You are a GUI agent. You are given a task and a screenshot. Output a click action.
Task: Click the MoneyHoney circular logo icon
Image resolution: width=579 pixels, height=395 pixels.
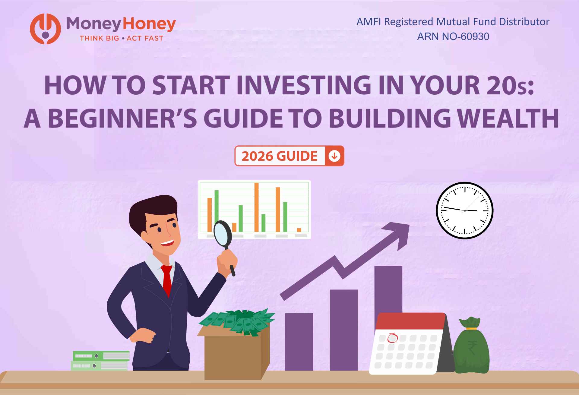(x=45, y=29)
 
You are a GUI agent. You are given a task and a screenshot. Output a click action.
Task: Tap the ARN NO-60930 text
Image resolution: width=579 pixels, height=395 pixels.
(x=453, y=36)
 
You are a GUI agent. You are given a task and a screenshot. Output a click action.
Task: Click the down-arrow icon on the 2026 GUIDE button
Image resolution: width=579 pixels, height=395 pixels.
(x=334, y=156)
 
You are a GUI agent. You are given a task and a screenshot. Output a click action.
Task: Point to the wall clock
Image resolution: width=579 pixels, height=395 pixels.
(x=464, y=210)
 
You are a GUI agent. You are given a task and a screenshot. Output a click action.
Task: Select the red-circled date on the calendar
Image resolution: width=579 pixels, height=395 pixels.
(x=392, y=338)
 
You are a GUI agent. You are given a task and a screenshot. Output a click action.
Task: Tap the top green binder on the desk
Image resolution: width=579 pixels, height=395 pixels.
(x=101, y=356)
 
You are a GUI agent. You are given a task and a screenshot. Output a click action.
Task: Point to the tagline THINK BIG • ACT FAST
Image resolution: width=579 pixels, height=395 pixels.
(x=121, y=38)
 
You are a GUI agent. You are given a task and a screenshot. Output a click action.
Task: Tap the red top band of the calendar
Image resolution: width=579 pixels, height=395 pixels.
(x=410, y=321)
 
